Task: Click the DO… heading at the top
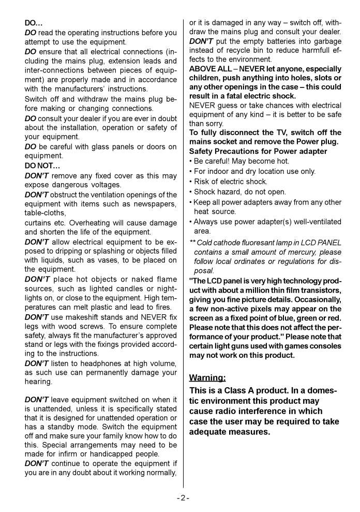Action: (x=34, y=23)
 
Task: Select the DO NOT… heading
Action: (x=42, y=166)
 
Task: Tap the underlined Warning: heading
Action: (x=207, y=377)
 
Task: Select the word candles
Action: (x=117, y=288)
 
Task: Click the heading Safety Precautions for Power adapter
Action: (x=258, y=151)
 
